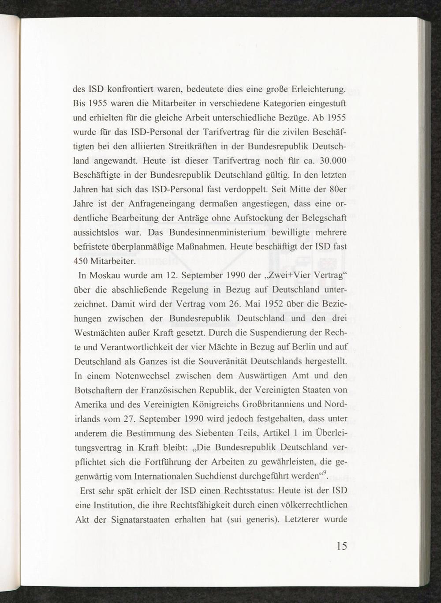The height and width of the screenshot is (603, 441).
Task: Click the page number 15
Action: pos(341,546)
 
